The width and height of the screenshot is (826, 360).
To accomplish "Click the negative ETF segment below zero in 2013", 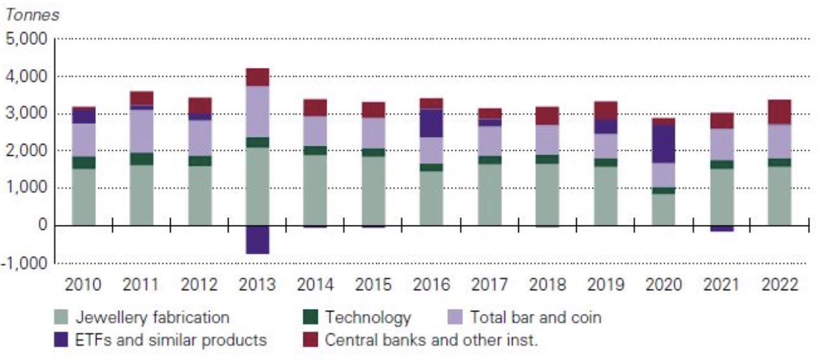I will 257,240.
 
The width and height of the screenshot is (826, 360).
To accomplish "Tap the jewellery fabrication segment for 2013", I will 257,186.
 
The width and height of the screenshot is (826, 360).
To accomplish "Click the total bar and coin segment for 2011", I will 141,131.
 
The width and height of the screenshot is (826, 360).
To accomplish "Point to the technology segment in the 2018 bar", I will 548,159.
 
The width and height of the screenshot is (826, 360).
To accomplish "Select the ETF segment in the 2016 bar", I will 432,123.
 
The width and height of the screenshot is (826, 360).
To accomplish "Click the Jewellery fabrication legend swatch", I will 62,318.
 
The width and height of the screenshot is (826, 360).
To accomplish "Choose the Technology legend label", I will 368,317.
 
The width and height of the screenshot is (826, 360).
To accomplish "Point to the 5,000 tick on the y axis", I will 25,39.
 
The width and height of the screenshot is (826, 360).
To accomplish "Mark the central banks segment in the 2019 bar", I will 606,111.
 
